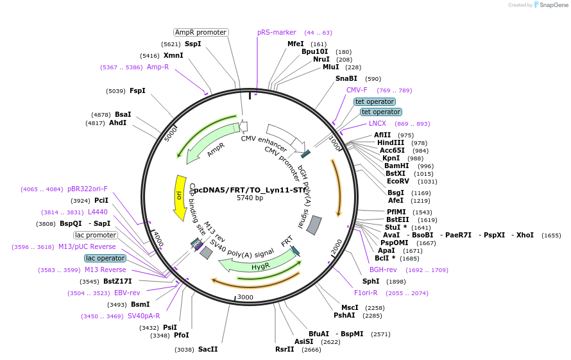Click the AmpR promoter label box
(201, 32)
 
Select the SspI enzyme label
(192, 44)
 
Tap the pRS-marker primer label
(277, 32)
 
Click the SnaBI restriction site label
(346, 78)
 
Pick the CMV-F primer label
(357, 90)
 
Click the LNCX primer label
(377, 123)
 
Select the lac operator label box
(105, 258)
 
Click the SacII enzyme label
(208, 349)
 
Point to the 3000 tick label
(246, 298)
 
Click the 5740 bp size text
(250, 198)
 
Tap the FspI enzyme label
(137, 90)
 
